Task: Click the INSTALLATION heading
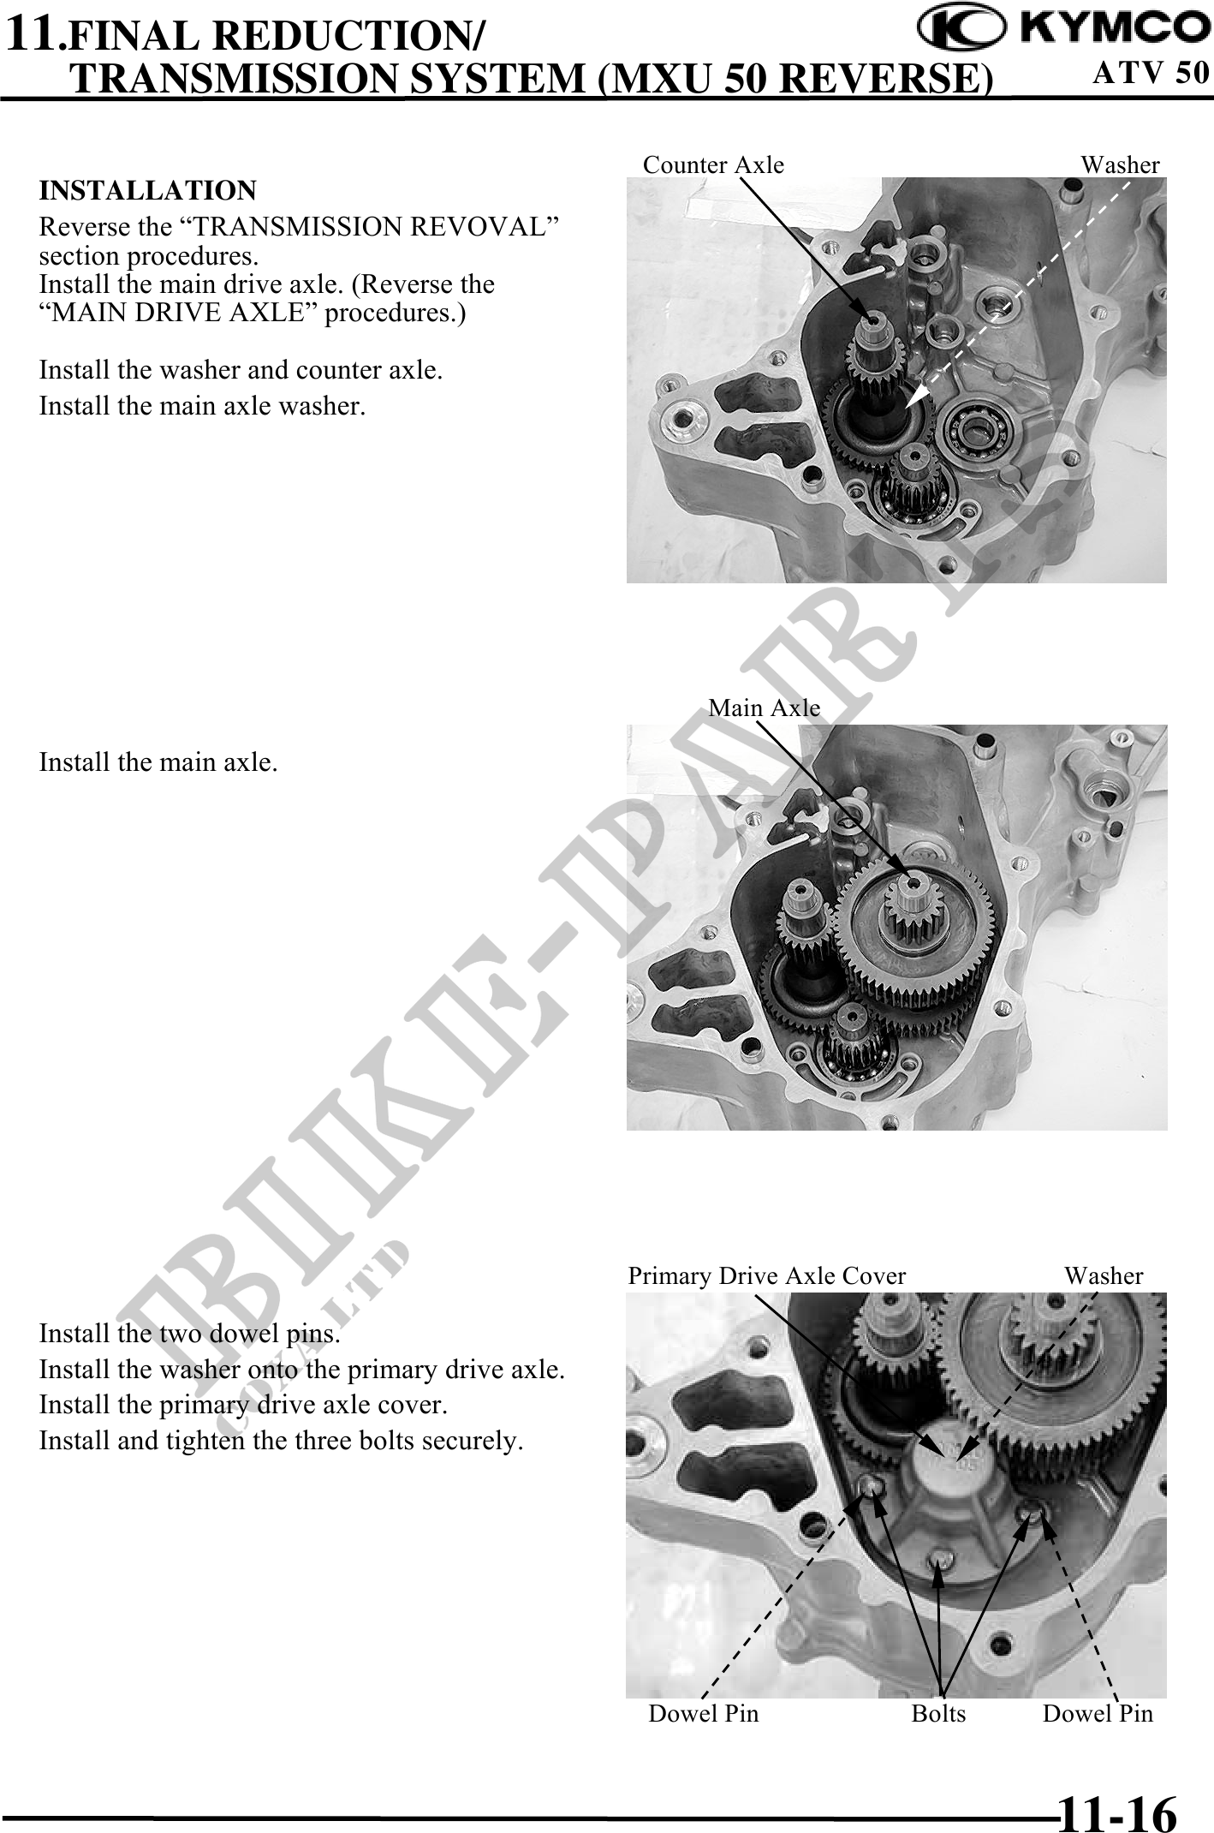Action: point(148,190)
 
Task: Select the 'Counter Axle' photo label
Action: point(713,164)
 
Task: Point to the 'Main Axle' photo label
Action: point(765,708)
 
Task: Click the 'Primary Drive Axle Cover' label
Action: point(767,1276)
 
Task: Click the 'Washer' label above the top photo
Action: point(1120,164)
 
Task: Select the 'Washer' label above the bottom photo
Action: point(1104,1276)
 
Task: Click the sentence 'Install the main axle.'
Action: point(158,761)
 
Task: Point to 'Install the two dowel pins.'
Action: point(190,1334)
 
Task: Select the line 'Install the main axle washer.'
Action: point(203,405)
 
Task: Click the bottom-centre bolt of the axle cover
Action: point(940,1559)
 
